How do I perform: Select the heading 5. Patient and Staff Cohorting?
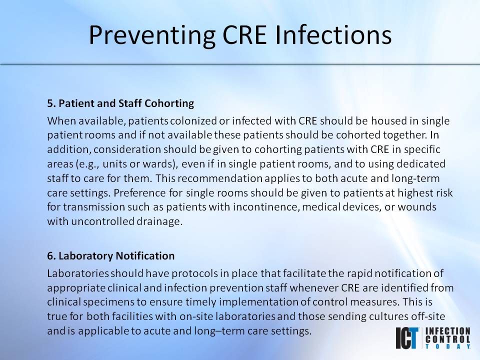click(x=120, y=104)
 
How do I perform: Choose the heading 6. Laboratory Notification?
click(x=111, y=256)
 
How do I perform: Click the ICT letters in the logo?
click(x=407, y=338)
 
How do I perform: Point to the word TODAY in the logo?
click(x=447, y=345)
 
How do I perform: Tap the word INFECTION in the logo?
click(x=447, y=330)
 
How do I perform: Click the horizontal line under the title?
click(x=240, y=64)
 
